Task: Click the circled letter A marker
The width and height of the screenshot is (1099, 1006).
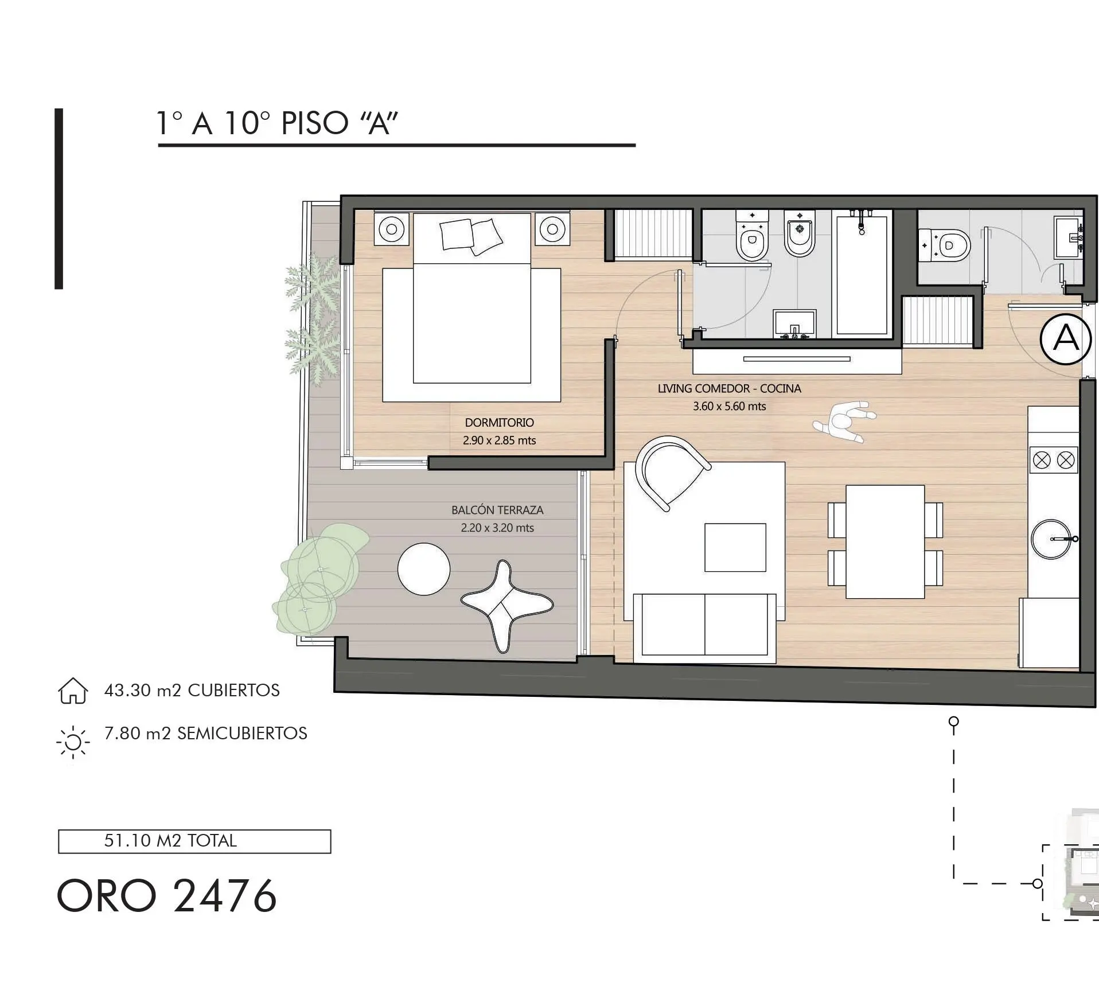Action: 1065,339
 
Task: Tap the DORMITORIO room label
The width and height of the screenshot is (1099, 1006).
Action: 499,423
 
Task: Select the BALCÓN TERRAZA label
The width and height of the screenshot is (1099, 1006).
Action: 497,510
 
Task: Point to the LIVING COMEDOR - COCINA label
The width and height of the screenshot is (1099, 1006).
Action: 729,388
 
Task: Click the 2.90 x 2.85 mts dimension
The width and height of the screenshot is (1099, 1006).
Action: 499,440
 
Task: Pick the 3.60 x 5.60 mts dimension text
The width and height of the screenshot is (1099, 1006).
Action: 729,406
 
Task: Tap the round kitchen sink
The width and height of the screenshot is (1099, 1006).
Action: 1051,539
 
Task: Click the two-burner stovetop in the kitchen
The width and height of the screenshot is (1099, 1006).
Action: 1054,460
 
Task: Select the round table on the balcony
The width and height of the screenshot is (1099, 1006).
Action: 424,569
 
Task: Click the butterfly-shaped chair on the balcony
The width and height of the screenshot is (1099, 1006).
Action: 506,605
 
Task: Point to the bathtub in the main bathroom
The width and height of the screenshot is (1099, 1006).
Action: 862,274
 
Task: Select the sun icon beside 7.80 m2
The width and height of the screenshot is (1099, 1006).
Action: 73,742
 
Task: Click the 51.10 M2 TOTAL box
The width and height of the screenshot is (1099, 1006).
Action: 194,841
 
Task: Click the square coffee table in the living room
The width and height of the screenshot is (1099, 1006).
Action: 735,547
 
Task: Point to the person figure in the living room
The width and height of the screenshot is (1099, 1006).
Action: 844,422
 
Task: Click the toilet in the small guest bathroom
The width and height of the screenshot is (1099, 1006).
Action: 945,246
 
